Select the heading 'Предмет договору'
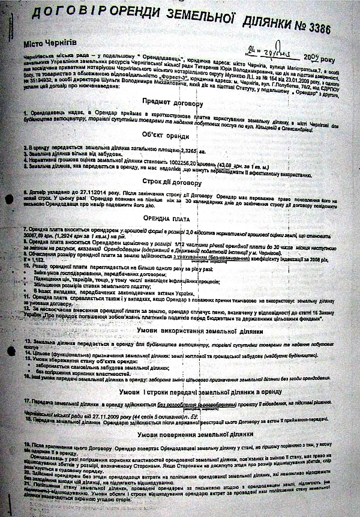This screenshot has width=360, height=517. [x=181, y=101]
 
